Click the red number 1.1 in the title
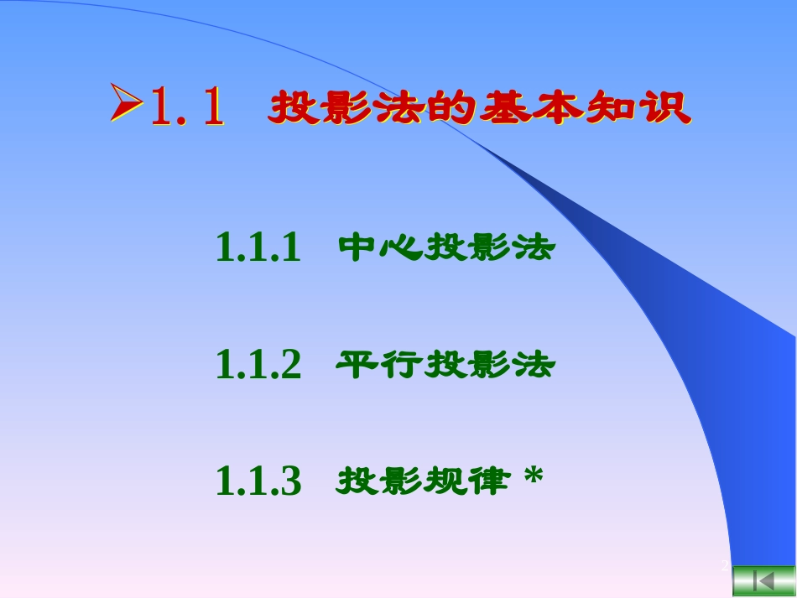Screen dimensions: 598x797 [188, 108]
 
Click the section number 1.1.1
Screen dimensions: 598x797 [258, 247]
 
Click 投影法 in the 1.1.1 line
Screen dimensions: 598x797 [490, 247]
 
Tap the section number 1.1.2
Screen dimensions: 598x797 [258, 365]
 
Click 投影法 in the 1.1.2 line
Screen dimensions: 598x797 [490, 365]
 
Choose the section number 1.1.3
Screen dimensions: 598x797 [258, 481]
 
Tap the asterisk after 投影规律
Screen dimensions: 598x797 [533, 478]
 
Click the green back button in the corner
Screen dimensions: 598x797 [763, 580]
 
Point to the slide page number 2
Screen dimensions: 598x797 [725, 567]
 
